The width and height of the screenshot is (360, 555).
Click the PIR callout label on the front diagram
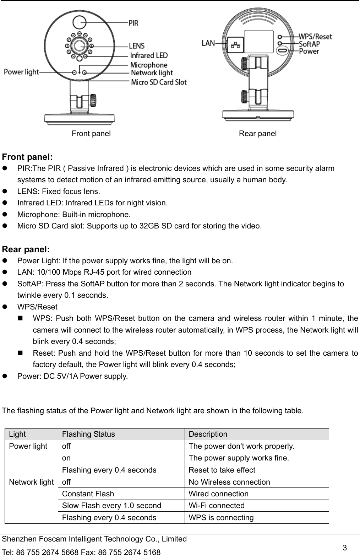133,23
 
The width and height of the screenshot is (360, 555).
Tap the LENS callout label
137,45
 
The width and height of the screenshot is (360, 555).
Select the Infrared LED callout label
149,55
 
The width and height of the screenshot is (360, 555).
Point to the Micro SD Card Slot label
159,82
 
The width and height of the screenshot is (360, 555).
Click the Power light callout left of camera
21,72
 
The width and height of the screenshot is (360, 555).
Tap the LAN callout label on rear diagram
208,43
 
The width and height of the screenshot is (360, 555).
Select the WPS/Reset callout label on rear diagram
315,36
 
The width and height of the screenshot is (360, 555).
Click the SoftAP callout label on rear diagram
309,44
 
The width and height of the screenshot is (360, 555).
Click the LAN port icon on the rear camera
235,45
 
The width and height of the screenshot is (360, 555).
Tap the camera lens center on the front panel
79,45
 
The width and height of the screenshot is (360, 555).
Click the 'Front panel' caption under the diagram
91,134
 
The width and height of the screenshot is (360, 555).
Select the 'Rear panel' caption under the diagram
258,134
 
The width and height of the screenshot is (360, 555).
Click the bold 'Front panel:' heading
28,157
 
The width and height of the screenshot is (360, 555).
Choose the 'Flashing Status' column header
88,434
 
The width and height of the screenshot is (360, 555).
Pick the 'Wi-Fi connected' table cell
217,506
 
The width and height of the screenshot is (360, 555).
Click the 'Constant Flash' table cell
88,494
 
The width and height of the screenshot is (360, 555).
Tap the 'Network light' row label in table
31,482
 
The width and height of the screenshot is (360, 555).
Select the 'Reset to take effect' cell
222,470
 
